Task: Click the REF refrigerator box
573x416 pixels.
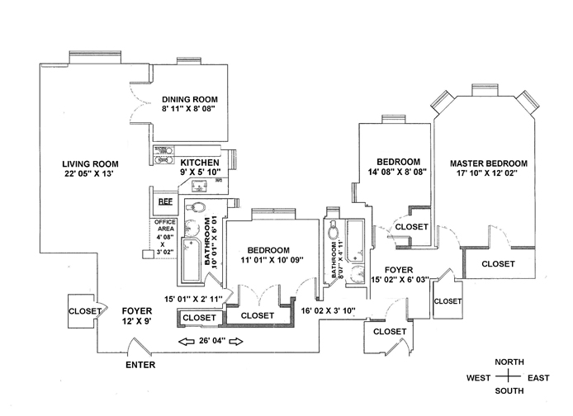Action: [x=165, y=201]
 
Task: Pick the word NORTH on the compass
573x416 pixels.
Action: [x=509, y=362]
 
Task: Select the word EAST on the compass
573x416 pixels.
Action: [x=538, y=377]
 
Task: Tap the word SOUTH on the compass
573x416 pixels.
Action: [x=509, y=390]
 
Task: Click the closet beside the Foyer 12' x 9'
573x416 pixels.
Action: [x=84, y=311]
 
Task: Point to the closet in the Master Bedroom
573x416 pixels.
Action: [x=498, y=263]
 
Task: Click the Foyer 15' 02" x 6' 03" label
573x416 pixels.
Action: [x=404, y=275]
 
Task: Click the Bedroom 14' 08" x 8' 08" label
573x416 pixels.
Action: [x=399, y=167]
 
